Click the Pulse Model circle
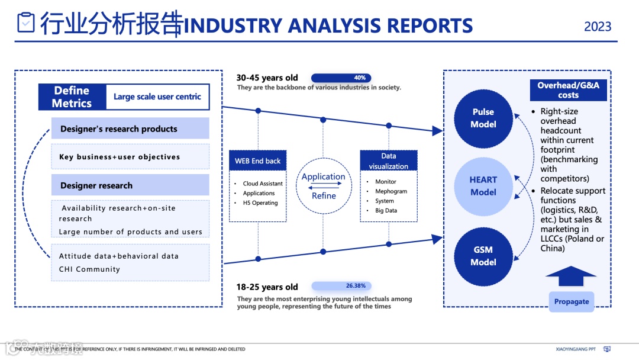click(x=483, y=118)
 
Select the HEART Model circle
click(x=483, y=186)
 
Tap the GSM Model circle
click(x=483, y=256)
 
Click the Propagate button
click(x=571, y=301)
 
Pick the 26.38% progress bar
click(x=341, y=286)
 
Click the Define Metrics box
click(x=72, y=97)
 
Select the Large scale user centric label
click(x=157, y=97)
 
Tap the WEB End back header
click(x=257, y=160)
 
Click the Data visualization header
click(x=389, y=161)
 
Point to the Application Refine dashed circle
click(x=324, y=186)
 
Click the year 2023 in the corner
click(x=598, y=27)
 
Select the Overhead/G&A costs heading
click(x=568, y=90)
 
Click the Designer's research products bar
click(x=130, y=128)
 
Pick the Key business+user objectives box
click(x=130, y=157)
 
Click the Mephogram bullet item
click(x=391, y=191)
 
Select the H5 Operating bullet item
click(x=260, y=202)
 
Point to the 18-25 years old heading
click(x=267, y=287)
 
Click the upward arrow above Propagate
click(x=571, y=277)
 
